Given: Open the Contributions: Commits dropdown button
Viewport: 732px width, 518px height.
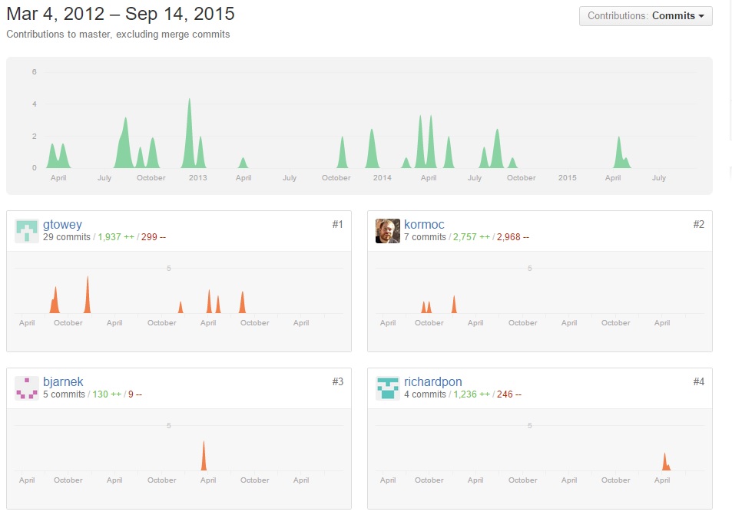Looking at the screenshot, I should click(645, 16).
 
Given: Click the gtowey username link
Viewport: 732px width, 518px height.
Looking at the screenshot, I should click(62, 224).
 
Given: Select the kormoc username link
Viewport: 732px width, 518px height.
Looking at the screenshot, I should click(424, 224).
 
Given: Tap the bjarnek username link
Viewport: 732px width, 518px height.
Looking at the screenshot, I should click(63, 381).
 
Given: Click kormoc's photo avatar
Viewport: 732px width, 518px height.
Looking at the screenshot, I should click(387, 230).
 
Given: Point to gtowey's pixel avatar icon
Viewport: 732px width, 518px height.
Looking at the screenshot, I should click(27, 230).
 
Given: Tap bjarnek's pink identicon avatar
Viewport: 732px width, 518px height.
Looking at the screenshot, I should click(27, 388).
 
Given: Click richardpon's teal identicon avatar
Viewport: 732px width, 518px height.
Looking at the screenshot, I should click(387, 388).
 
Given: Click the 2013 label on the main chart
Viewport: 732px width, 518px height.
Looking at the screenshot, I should click(197, 178).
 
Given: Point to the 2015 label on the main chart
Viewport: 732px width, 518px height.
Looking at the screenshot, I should click(567, 178).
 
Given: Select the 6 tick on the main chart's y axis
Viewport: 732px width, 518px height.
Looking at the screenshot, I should click(34, 72).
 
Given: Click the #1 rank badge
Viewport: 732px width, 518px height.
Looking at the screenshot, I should click(337, 224).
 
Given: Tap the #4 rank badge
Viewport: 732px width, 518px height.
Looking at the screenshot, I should click(698, 381).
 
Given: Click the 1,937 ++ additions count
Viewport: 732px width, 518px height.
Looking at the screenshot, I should click(116, 237).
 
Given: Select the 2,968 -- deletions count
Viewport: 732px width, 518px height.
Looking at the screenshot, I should click(512, 237).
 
